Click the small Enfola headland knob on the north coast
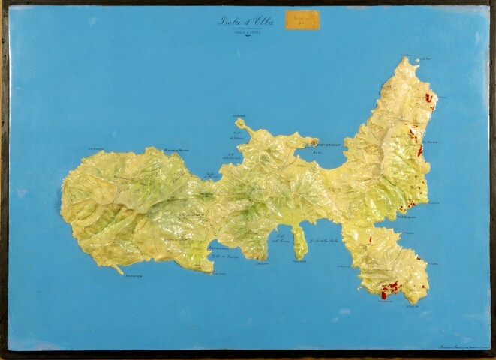241,123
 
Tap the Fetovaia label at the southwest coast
133,277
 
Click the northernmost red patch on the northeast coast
429,97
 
